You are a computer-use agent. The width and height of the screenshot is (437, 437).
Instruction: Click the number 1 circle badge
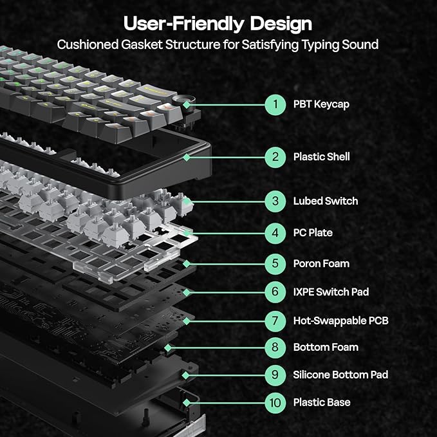(x=275, y=104)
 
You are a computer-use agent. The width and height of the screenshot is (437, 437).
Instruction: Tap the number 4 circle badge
(x=275, y=232)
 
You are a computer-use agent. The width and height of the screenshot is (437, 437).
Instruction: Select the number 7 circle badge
(x=275, y=320)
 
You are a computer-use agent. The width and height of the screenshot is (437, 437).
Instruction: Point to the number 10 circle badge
(x=275, y=402)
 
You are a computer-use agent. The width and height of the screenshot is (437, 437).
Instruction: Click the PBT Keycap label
(x=321, y=104)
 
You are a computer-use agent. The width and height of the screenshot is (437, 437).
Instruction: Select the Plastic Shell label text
(x=322, y=156)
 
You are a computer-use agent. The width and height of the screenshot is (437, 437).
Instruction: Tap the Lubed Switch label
(x=326, y=201)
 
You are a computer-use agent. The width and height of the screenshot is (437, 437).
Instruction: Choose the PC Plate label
(x=313, y=232)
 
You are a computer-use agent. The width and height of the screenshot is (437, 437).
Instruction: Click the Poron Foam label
(x=321, y=263)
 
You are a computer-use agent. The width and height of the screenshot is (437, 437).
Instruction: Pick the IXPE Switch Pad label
(x=331, y=292)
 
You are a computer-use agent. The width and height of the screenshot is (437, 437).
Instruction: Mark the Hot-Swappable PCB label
(x=340, y=321)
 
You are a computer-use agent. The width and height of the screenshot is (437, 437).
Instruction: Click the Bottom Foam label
(x=326, y=348)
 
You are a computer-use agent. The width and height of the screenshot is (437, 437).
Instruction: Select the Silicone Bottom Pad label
(x=340, y=375)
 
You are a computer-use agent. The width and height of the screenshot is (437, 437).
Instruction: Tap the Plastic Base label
(x=322, y=402)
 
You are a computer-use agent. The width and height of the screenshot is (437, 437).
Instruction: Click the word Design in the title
(x=277, y=24)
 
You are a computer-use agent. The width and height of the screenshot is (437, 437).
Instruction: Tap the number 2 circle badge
(x=275, y=156)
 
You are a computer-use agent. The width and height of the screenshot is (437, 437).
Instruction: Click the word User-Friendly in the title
(x=181, y=24)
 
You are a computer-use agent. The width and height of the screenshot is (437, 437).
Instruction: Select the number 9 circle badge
(x=275, y=375)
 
